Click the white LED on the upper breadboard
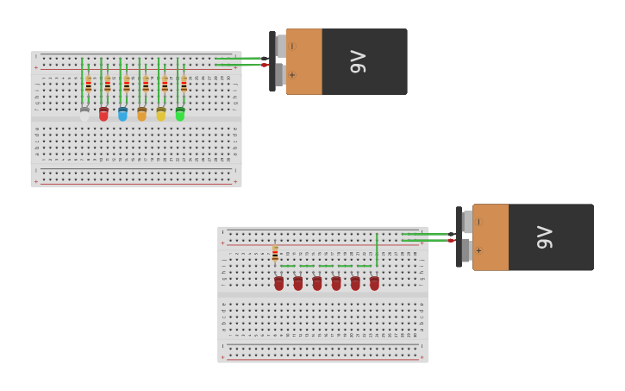84,113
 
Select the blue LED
122,113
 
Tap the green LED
180,113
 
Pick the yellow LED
161,113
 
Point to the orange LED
142,113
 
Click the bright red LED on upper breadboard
103,113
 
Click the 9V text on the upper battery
358,61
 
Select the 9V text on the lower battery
544,236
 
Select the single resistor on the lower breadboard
275,253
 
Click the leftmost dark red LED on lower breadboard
278,282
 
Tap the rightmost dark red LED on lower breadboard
374,282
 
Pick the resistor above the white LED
88,84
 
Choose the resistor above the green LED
184,84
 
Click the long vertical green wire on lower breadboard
377,249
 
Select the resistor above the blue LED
126,84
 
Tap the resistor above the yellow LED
165,84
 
